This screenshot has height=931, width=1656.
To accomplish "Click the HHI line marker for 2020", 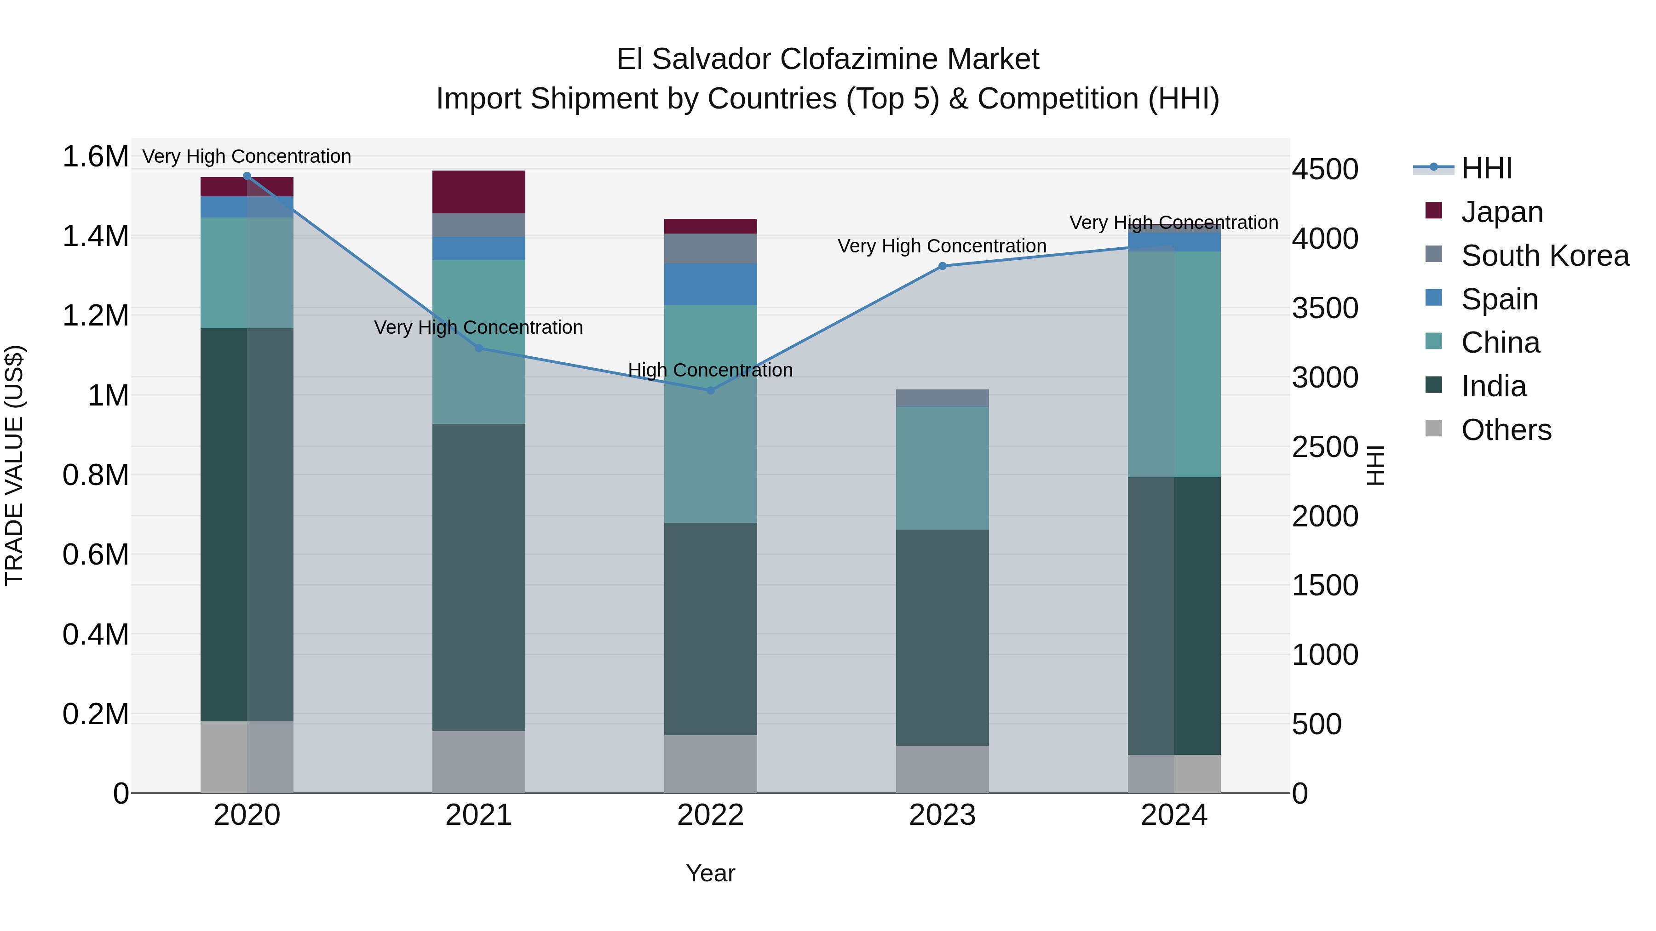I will (x=247, y=176).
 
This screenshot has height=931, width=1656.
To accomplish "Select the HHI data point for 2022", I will (x=710, y=390).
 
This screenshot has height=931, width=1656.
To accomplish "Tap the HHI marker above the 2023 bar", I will (x=943, y=266).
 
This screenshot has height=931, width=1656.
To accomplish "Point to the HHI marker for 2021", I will (x=479, y=348).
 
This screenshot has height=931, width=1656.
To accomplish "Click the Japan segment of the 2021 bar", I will (x=479, y=191).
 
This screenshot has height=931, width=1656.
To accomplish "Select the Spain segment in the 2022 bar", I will (x=710, y=284).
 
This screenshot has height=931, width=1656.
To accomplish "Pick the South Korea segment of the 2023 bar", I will (x=943, y=398).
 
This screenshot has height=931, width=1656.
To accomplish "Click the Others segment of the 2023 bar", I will (x=943, y=769).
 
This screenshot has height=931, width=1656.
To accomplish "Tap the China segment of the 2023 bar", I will (x=943, y=468).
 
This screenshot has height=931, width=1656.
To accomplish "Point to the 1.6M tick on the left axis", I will (x=95, y=157).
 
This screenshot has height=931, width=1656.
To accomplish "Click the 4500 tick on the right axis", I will (x=1326, y=170).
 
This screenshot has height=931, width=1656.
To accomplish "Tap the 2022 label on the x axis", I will (x=710, y=815).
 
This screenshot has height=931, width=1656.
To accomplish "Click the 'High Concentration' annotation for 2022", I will (x=710, y=370).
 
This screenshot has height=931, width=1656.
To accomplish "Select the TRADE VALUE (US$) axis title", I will (x=14, y=465).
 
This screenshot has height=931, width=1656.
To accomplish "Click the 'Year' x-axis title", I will (x=710, y=873).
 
